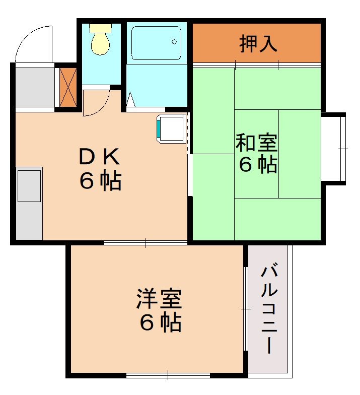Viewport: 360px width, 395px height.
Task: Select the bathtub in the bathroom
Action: (x=156, y=43)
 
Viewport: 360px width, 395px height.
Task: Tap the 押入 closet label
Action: (x=258, y=44)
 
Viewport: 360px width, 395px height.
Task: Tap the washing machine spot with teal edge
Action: (x=172, y=128)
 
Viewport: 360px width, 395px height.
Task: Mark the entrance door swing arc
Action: (x=33, y=43)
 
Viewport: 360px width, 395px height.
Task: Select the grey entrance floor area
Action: (x=34, y=86)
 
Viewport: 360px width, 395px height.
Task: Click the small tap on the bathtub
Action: (x=176, y=41)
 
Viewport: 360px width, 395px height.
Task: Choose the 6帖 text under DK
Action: (x=100, y=181)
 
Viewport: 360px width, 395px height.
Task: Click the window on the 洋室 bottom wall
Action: (x=168, y=375)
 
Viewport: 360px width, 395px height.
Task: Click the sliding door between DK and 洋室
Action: (x=146, y=243)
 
